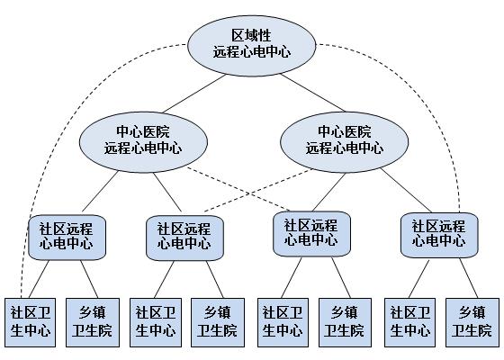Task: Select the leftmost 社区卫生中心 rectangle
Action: pos(31,321)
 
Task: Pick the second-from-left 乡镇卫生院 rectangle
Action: pos(217,321)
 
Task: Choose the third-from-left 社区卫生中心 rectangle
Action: pos(283,321)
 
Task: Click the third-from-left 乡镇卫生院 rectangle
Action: pos(344,321)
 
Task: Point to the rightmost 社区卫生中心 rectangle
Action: pos(409,321)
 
